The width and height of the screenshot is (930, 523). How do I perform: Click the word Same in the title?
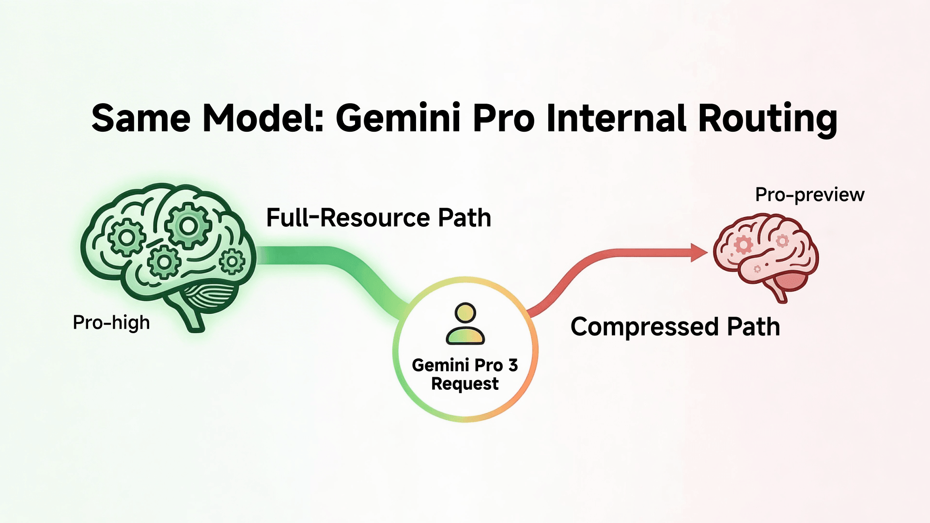click(x=141, y=118)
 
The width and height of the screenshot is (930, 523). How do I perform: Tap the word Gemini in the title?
click(x=398, y=118)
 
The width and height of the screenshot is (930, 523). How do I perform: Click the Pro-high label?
click(x=111, y=323)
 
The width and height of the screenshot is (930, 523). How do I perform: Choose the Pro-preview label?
click(x=809, y=195)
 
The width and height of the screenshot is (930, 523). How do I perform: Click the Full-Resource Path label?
click(x=379, y=218)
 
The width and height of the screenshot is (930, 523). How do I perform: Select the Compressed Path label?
click(x=675, y=327)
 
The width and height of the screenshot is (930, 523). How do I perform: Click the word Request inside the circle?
click(x=465, y=384)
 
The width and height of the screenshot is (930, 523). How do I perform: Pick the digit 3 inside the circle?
click(x=513, y=365)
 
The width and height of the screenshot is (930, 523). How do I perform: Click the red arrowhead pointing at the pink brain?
click(x=699, y=252)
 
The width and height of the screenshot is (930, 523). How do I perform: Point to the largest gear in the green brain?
click(x=187, y=226)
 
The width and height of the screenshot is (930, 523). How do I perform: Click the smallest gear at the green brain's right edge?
click(x=232, y=261)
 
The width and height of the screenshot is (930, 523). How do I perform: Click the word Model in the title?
click(x=262, y=118)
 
